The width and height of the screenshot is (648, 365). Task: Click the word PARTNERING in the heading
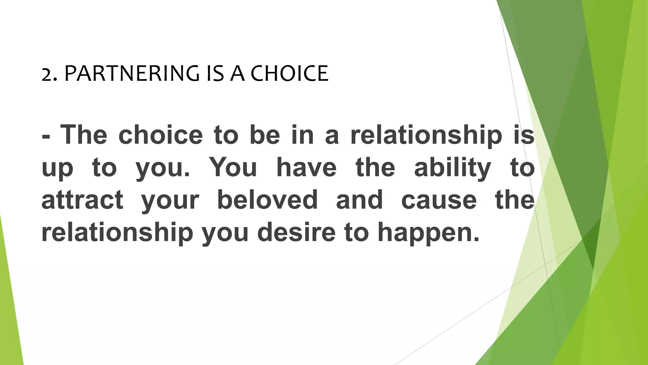[132, 74]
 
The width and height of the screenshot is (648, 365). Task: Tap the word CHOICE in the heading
[289, 74]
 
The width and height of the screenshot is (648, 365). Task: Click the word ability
[452, 168]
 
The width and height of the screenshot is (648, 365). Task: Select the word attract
[82, 200]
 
